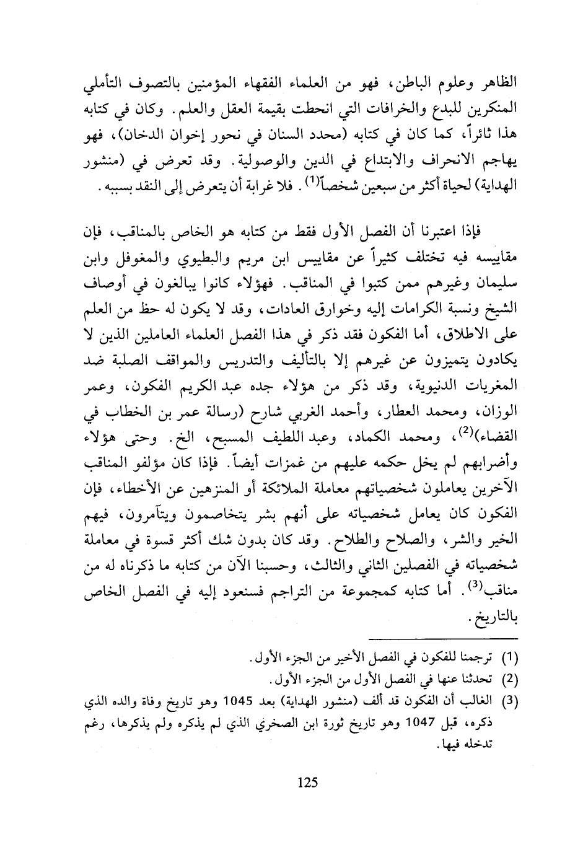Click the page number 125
[307, 782]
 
